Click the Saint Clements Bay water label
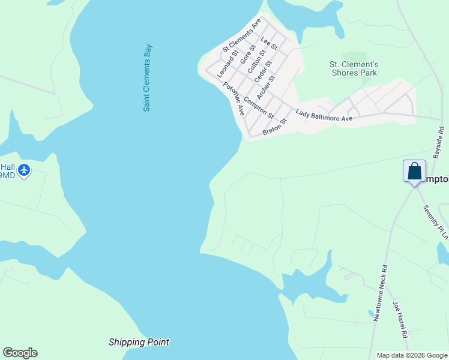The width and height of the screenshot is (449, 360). click(x=147, y=78)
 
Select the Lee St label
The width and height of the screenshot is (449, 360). click(x=270, y=43)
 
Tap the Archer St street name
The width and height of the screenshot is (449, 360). click(x=265, y=87)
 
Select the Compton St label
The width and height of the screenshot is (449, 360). click(x=259, y=107)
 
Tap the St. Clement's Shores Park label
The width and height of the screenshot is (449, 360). click(x=354, y=68)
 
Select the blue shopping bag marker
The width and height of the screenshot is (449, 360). click(x=414, y=172)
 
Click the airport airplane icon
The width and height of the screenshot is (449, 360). click(x=24, y=170)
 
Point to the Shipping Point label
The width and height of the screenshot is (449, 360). click(x=139, y=342)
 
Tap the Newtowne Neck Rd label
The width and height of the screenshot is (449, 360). click(x=380, y=293)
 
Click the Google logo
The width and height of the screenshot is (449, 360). click(x=20, y=353)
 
